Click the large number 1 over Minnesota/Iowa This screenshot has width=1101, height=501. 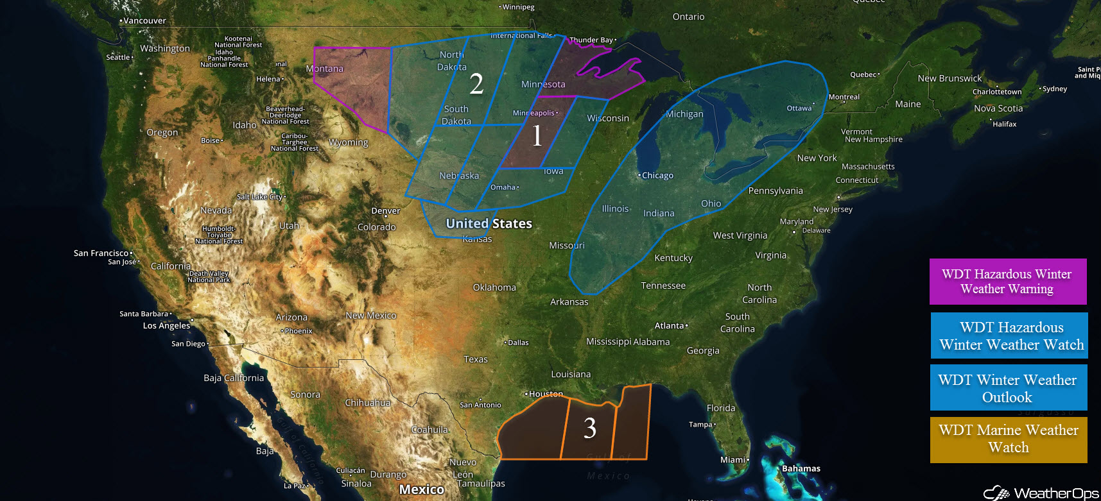pos(537,135)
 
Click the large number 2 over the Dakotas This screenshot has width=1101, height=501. pos(476,84)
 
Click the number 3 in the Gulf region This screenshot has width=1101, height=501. pos(590,428)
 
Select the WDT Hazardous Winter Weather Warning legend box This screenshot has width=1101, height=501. pos(1007,282)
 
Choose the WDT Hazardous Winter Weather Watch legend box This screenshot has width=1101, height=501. pos(1009,335)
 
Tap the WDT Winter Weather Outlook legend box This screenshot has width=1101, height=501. pos(1008,387)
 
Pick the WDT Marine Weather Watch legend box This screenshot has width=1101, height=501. pos(1008,439)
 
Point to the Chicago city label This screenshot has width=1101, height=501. pos(657,175)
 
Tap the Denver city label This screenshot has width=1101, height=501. pos(385,210)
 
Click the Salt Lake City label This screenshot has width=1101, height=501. pos(260,197)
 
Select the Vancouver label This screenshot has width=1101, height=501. pos(144,21)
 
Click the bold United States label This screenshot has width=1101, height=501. pos(489,223)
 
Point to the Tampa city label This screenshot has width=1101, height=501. pos(701,424)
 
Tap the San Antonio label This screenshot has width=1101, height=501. pos(480,405)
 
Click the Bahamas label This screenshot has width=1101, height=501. pos(801,468)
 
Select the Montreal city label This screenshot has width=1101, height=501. pos(844,97)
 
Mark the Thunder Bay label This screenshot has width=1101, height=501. pos(591,40)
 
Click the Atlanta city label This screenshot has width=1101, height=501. pos(669,326)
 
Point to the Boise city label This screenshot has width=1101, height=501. pos(211,140)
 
